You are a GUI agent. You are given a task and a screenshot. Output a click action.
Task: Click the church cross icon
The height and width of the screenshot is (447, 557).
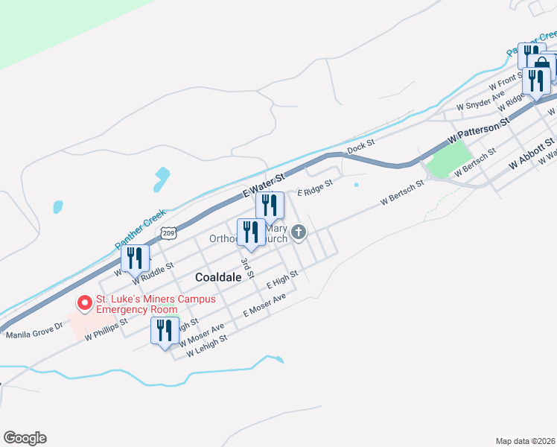tap(299, 233)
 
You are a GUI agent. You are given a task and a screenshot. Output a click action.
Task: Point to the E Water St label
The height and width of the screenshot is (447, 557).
tap(264, 186)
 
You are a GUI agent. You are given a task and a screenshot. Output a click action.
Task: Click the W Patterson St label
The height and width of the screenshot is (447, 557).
tap(479, 130)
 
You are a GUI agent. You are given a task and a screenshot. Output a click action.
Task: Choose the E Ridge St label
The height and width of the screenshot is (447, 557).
tap(314, 191)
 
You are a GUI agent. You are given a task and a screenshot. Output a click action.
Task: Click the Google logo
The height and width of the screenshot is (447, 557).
tap(25, 438)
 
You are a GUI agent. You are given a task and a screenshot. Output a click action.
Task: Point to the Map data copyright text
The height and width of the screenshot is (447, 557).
tap(525, 441)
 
